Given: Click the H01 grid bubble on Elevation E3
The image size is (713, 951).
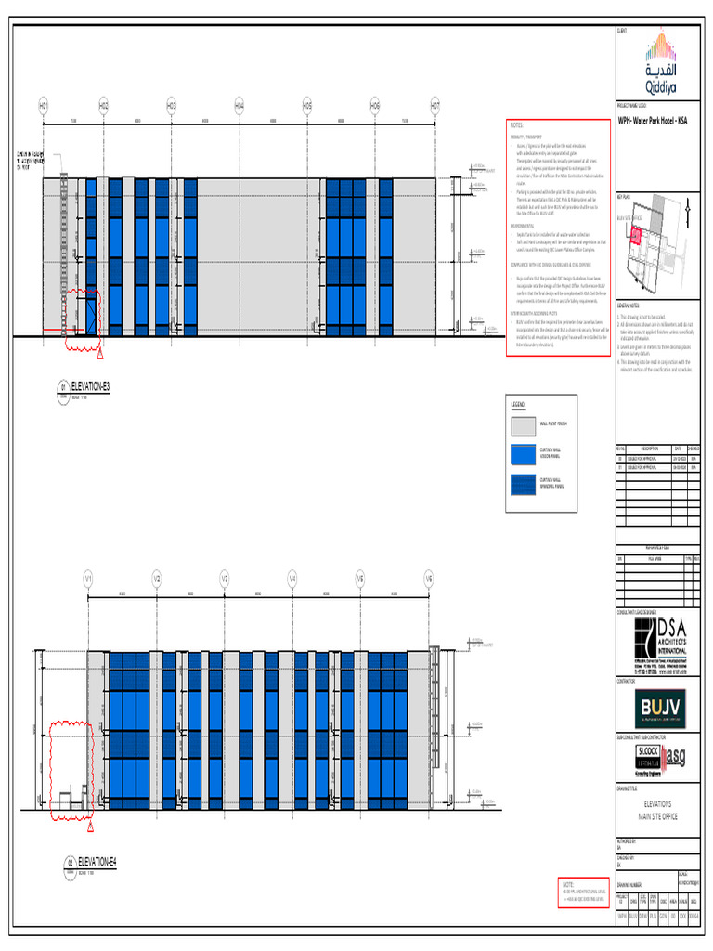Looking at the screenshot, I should click(43, 106).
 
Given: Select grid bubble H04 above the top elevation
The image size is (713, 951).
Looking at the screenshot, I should click(239, 106).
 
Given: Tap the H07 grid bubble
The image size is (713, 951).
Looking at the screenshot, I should click(434, 106).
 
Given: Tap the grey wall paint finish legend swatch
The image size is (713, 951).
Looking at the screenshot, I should click(523, 427).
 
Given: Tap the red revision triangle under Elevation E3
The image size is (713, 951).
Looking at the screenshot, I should click(100, 355).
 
